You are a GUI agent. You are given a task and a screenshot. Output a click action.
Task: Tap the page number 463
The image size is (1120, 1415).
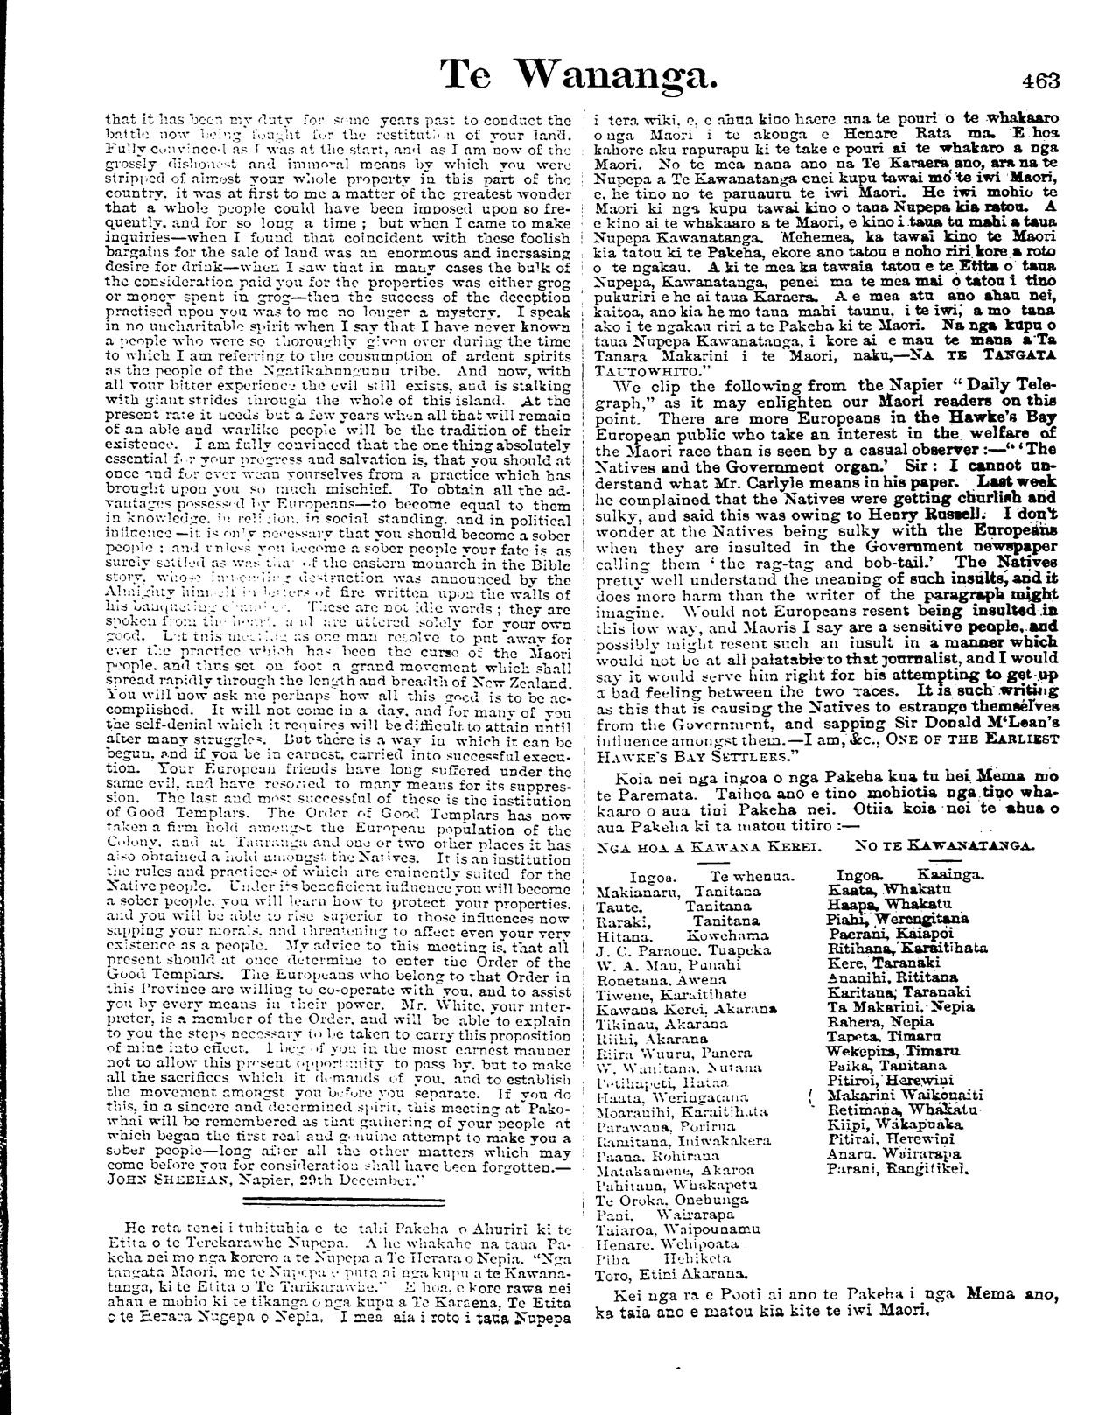[x=1039, y=81]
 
